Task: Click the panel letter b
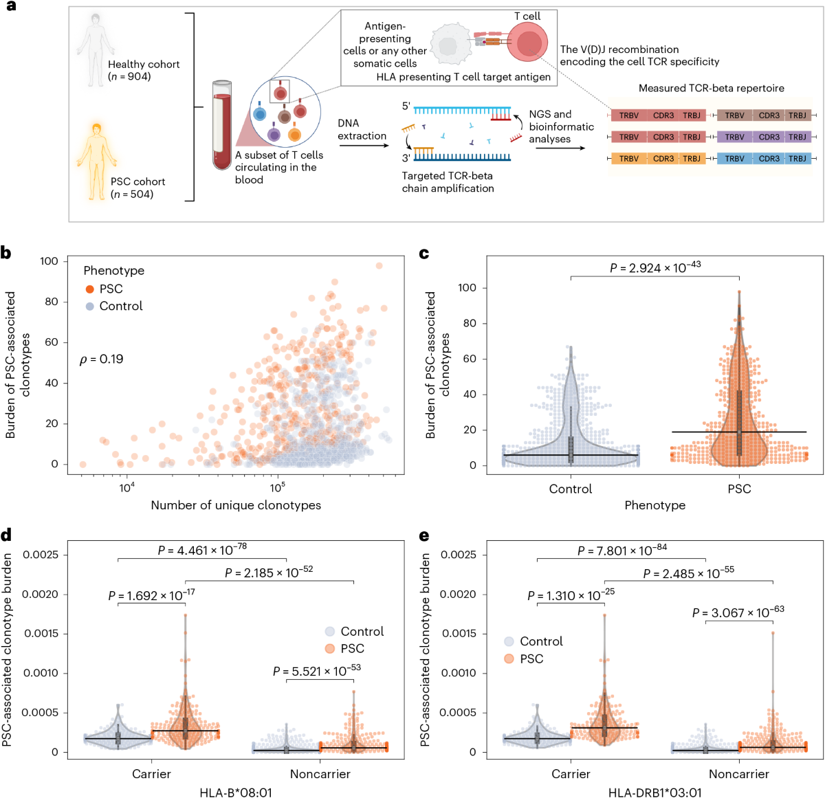6,253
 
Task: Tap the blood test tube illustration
221,124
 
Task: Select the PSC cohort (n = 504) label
137,188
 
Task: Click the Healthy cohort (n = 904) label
143,70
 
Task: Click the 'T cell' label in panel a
527,16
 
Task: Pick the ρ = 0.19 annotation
102,359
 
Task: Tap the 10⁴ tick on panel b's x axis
126,488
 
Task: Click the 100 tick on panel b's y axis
49,261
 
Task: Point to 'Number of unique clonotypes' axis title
236,505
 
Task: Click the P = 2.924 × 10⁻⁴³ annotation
654,267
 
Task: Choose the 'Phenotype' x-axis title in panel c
654,505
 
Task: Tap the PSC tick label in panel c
739,489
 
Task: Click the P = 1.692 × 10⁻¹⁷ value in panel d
151,595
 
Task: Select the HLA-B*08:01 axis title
236,793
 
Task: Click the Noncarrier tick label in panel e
739,774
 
